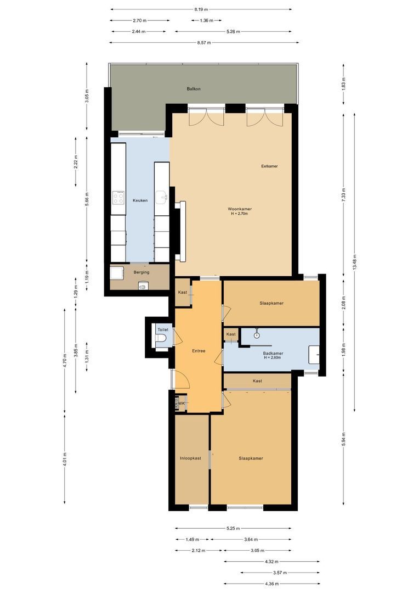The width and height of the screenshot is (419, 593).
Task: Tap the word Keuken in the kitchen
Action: coord(140,200)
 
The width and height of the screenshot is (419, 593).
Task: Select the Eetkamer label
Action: coord(269,166)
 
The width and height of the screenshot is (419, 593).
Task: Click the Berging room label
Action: coord(141,272)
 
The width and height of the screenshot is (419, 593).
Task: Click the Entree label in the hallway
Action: coord(199,351)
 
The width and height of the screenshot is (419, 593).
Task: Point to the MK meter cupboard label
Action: coord(182,404)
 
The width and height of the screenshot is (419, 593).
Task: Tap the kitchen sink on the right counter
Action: coord(161,197)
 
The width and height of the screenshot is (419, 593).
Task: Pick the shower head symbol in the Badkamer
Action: coord(256,334)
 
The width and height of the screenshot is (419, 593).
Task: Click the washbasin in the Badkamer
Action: coord(314,354)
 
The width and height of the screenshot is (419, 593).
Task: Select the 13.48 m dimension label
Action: coord(355,261)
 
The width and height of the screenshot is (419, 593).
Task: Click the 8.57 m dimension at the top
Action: coord(204,42)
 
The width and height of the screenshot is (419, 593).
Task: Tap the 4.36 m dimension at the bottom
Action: coord(271,584)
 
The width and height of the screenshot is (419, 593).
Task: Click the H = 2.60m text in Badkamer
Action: coord(272,357)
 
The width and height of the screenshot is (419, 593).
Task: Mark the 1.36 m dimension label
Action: coord(203,20)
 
